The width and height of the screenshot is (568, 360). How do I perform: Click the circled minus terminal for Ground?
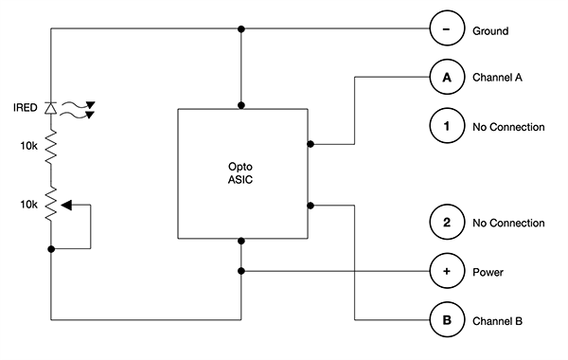pyautogui.click(x=446, y=30)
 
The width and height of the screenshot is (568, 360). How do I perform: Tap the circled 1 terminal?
pyautogui.click(x=446, y=126)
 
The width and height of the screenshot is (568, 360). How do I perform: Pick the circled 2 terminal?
pyautogui.click(x=446, y=223)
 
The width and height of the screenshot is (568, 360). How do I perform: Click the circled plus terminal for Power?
pyautogui.click(x=446, y=271)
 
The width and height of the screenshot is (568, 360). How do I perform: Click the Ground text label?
pyautogui.click(x=490, y=31)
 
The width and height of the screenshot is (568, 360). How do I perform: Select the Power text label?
pyautogui.click(x=488, y=272)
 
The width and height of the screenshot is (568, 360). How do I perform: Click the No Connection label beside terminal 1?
pyautogui.click(x=508, y=127)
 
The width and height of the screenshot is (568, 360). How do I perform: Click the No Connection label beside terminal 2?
pyautogui.click(x=508, y=224)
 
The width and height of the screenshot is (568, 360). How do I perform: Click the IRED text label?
pyautogui.click(x=27, y=109)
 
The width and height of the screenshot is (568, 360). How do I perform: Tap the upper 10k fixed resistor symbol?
pyautogui.click(x=52, y=149)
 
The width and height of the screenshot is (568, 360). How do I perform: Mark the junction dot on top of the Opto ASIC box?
pyautogui.click(x=242, y=105)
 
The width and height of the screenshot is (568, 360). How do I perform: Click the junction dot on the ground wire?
pyautogui.click(x=242, y=30)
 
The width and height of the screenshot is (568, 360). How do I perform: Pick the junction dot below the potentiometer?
pyautogui.click(x=52, y=248)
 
